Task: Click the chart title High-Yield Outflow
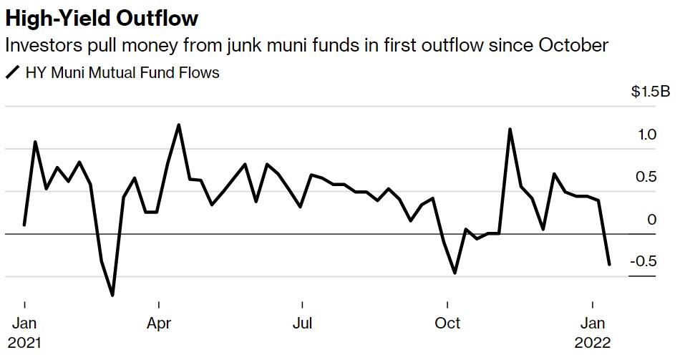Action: (101, 17)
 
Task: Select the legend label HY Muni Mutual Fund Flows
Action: (122, 72)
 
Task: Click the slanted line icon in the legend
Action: (12, 72)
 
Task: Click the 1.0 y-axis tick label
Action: (647, 135)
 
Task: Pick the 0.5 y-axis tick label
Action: (647, 177)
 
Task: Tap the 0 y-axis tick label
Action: (651, 219)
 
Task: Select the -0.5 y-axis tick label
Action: (643, 261)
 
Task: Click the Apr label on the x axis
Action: (158, 323)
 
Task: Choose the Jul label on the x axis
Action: (303, 323)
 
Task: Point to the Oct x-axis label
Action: (447, 323)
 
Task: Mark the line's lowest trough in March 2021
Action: (112, 295)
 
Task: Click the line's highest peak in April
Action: (178, 125)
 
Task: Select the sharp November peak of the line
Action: (510, 130)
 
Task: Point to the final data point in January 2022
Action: (609, 264)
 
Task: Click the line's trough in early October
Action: (455, 273)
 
